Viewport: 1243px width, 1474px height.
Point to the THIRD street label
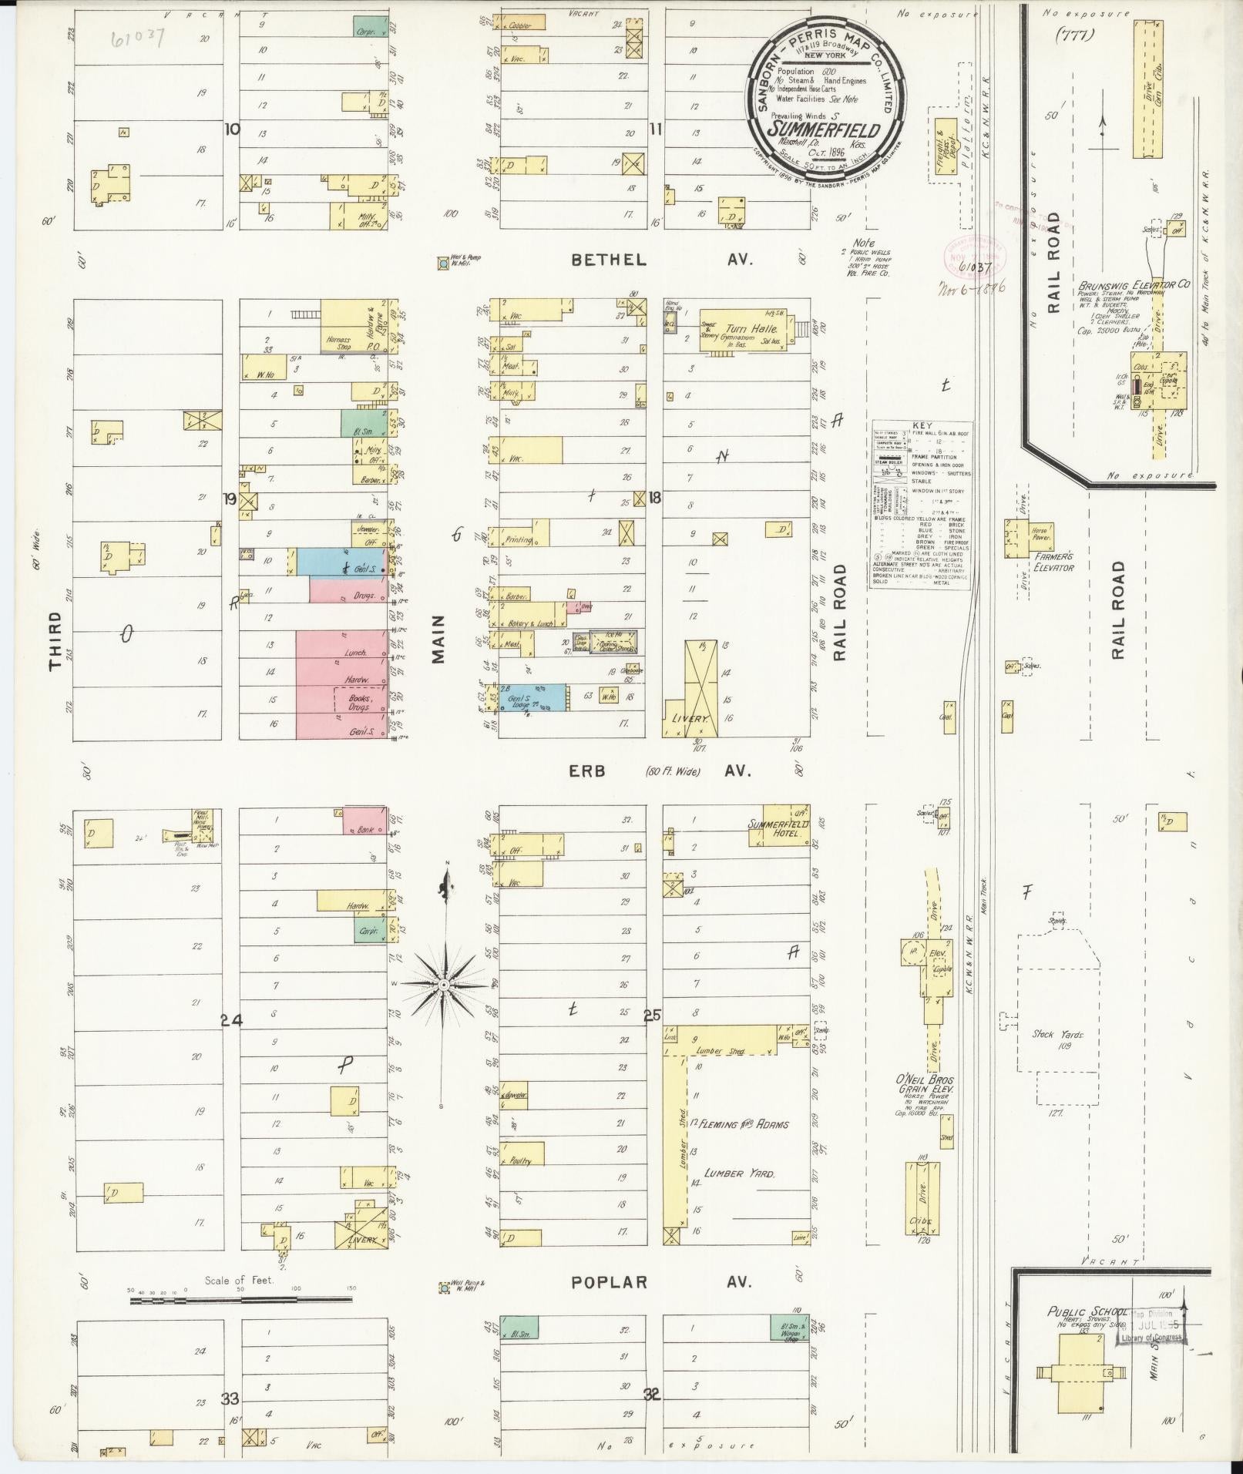coord(55,640)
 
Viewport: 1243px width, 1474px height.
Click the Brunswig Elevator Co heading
coord(1134,284)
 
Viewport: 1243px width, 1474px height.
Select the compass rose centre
coord(445,985)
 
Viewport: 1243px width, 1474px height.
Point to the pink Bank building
coord(365,820)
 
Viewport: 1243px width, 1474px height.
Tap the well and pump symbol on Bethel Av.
coord(444,264)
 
